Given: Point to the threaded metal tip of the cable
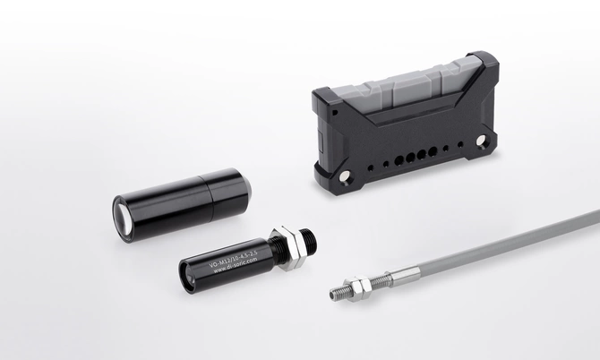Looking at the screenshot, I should (x=339, y=292).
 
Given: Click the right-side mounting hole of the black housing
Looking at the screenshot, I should (x=483, y=141).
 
